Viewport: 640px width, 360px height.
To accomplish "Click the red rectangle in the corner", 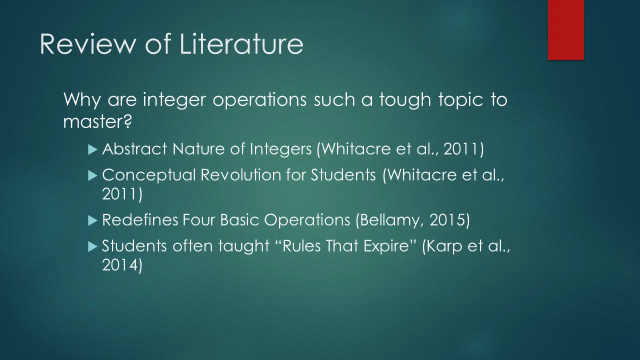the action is pyautogui.click(x=565, y=30).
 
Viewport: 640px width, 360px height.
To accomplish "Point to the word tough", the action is pyautogui.click(x=405, y=100).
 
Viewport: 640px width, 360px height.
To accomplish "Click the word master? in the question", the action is pyautogui.click(x=97, y=122).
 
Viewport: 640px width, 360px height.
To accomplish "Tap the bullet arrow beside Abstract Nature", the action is pyautogui.click(x=93, y=149).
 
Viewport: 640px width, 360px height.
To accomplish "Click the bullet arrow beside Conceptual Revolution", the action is pyautogui.click(x=93, y=175).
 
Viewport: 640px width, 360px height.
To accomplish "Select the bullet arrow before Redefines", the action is pyautogui.click(x=93, y=220).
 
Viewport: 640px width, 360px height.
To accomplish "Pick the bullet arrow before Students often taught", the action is pyautogui.click(x=93, y=246).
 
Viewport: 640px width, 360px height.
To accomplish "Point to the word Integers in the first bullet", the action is pyautogui.click(x=280, y=149).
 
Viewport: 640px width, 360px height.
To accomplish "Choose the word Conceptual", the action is pyautogui.click(x=148, y=175).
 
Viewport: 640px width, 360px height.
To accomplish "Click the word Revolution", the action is pyautogui.click(x=241, y=175).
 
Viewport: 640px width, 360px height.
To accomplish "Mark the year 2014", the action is pyautogui.click(x=119, y=265).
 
